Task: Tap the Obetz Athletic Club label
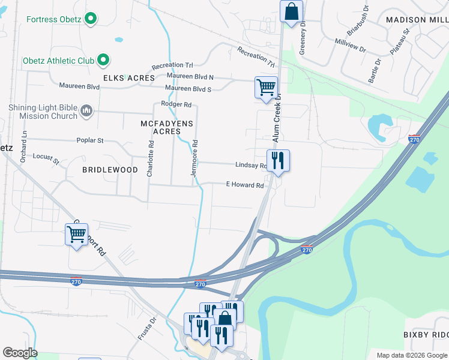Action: (x=58, y=61)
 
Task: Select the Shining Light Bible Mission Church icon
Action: (x=86, y=110)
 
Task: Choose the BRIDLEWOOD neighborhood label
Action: (x=110, y=170)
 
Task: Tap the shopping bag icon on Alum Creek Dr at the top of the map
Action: (x=291, y=11)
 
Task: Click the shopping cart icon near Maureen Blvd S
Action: (x=266, y=87)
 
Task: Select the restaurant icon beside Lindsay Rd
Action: (x=278, y=161)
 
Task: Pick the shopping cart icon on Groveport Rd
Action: (x=77, y=235)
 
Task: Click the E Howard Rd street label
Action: (x=244, y=185)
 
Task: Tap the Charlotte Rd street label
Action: (x=151, y=158)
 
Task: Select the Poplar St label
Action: (x=90, y=140)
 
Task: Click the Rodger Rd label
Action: (x=176, y=104)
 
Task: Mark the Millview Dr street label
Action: (x=350, y=45)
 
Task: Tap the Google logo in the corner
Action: (x=20, y=352)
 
